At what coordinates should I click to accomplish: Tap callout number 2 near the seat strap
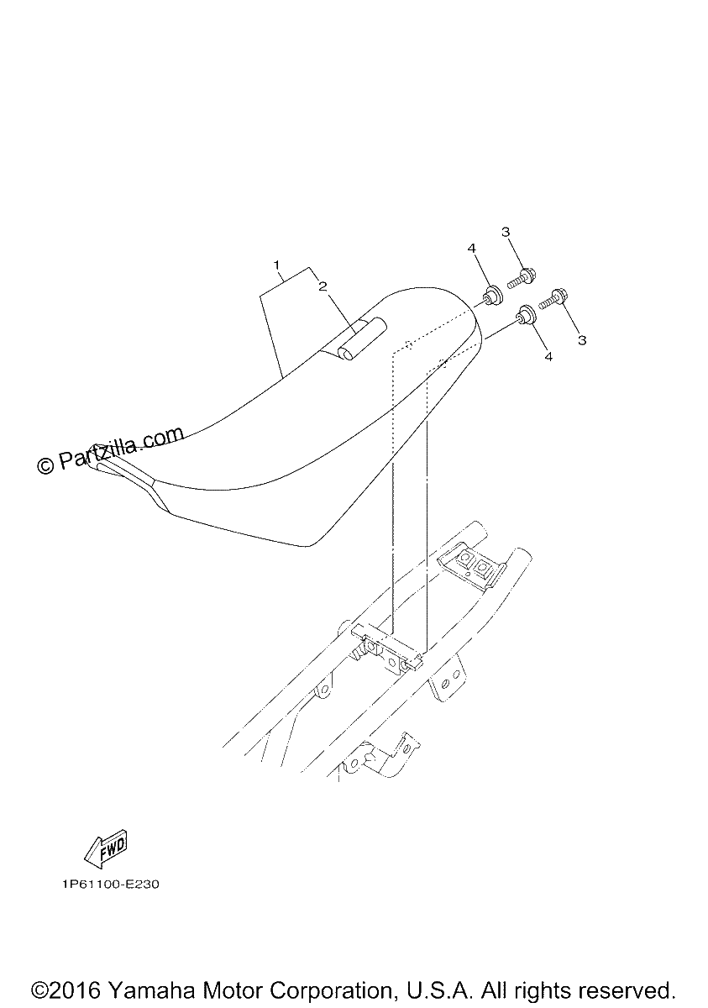[323, 286]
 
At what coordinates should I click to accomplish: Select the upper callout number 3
[506, 232]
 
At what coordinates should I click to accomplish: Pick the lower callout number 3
[582, 340]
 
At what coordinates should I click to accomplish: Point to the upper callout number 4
[471, 249]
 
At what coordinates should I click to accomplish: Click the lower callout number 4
[548, 356]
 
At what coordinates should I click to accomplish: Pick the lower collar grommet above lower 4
[526, 315]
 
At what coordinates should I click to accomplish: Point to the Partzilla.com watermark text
[110, 450]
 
